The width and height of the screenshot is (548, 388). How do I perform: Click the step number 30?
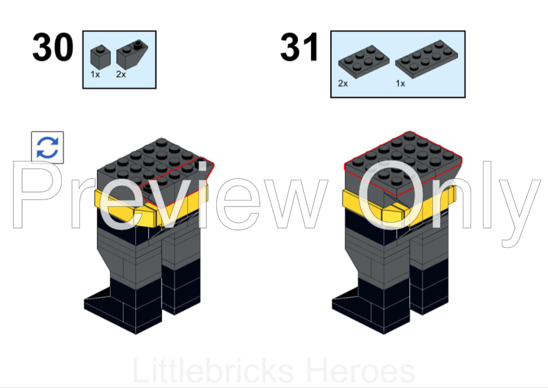click(53, 48)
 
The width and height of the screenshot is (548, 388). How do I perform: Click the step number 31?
click(300, 48)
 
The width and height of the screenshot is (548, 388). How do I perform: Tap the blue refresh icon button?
click(48, 147)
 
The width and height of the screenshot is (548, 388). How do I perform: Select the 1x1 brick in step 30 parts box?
click(99, 56)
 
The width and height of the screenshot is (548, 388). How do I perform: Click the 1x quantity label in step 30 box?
click(96, 74)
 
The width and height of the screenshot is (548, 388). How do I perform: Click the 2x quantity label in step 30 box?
click(121, 74)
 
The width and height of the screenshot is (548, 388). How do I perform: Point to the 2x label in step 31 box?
click(343, 83)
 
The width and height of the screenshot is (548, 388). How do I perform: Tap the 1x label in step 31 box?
click(400, 83)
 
